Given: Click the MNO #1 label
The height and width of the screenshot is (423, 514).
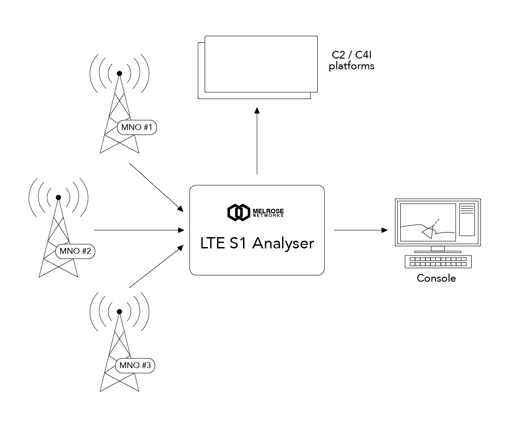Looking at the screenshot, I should pyautogui.click(x=137, y=128).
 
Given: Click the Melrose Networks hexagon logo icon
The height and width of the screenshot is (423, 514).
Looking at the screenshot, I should pyautogui.click(x=238, y=212).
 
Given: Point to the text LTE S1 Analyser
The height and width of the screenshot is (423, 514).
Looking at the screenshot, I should pyautogui.click(x=257, y=243).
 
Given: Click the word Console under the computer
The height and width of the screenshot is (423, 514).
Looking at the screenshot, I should pyautogui.click(x=436, y=278).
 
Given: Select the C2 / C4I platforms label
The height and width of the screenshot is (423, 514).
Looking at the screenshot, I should pyautogui.click(x=352, y=60).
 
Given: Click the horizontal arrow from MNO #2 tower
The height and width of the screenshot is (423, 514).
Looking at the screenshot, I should pyautogui.click(x=139, y=230).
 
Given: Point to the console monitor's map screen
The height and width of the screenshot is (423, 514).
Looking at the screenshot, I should pyautogui.click(x=427, y=222).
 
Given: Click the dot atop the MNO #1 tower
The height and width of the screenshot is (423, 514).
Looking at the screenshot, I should pyautogui.click(x=120, y=73).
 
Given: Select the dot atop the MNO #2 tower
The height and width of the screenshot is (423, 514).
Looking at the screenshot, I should pyautogui.click(x=58, y=197).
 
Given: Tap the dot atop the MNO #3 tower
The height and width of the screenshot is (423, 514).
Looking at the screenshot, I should pyautogui.click(x=120, y=311).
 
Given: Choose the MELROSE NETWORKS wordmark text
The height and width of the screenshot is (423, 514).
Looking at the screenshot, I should pyautogui.click(x=268, y=212).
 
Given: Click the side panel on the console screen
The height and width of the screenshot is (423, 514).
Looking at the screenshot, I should pyautogui.click(x=467, y=219).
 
